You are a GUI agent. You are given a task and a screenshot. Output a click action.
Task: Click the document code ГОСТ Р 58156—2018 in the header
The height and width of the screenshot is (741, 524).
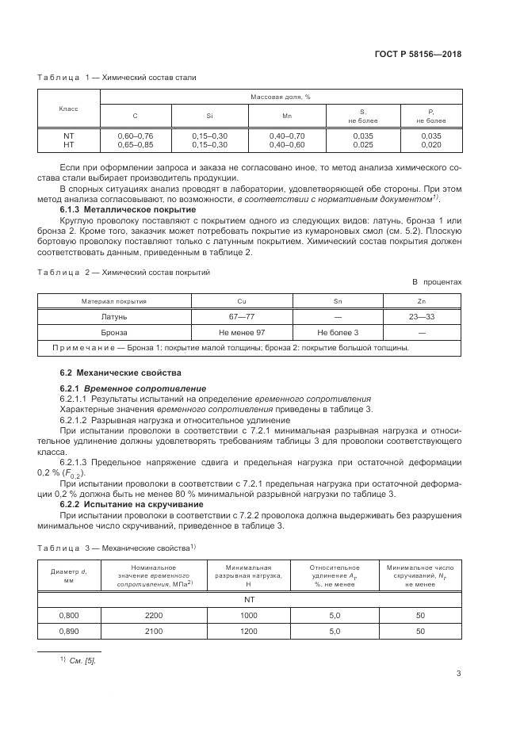(x=418, y=54)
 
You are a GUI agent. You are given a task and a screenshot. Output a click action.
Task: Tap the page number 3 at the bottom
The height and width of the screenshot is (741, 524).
(x=458, y=674)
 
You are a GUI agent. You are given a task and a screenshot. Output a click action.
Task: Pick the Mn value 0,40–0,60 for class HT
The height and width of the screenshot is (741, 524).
(x=286, y=145)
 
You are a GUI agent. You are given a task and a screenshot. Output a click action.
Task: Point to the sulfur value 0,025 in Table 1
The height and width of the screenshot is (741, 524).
(x=362, y=145)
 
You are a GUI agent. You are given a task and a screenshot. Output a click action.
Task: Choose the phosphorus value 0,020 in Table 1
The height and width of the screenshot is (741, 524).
(x=431, y=145)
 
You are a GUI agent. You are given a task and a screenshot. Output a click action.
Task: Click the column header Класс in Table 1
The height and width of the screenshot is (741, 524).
(x=69, y=107)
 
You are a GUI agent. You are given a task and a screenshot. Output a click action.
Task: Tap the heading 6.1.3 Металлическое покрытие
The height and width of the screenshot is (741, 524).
(x=117, y=208)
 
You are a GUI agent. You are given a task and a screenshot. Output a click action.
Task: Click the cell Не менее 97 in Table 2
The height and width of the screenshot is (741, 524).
(x=242, y=332)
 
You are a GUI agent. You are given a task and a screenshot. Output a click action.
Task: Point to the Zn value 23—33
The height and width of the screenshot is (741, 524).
(x=421, y=316)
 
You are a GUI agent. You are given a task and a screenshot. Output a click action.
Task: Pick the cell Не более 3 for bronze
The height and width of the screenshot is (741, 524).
(x=338, y=332)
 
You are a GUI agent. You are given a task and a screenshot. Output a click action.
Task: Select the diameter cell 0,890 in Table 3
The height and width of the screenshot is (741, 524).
(x=69, y=631)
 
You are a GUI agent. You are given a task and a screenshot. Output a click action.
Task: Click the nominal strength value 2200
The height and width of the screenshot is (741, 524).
(x=153, y=615)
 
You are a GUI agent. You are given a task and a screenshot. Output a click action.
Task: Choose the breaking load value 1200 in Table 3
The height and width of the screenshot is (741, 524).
(x=248, y=631)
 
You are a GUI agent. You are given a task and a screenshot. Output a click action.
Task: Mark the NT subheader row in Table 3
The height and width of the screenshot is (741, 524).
(x=248, y=599)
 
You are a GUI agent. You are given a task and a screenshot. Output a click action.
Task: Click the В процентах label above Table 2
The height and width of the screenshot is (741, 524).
(x=436, y=281)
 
